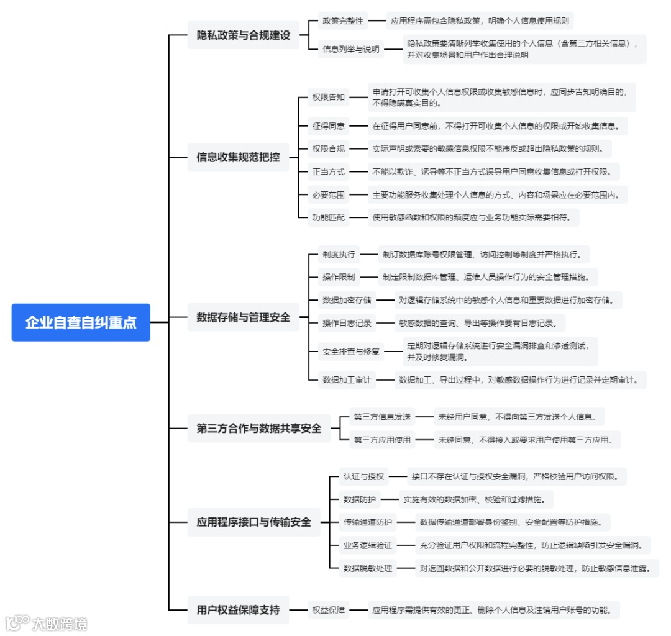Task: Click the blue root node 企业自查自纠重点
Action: point(81,322)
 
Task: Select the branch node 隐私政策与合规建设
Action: point(244,35)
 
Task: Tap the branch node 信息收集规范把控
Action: point(239,157)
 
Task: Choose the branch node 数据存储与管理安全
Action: point(244,317)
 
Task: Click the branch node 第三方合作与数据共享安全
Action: point(259,428)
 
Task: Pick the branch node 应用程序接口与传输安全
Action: point(254,522)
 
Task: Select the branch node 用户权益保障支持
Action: point(239,609)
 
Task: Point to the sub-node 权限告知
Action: point(329,97)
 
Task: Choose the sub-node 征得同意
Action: point(329,126)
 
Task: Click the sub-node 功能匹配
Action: point(329,217)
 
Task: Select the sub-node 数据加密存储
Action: point(347,300)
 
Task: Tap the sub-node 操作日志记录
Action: point(347,323)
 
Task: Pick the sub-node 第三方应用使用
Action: point(382,440)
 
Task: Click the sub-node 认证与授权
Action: point(364,477)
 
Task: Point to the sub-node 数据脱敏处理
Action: point(368,568)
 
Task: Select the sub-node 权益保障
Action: point(329,610)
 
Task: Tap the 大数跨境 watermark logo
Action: point(47,623)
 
